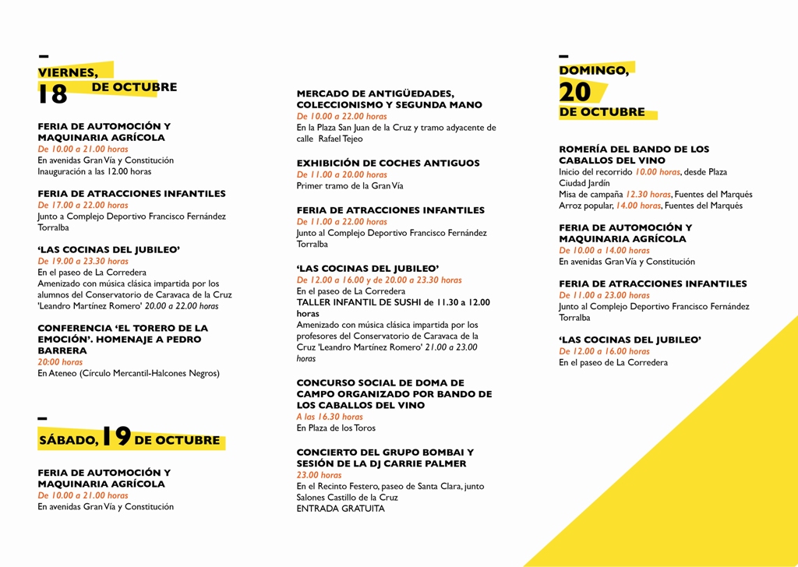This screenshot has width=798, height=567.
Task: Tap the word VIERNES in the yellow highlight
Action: tap(68, 72)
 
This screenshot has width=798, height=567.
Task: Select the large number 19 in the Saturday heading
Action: tap(116, 437)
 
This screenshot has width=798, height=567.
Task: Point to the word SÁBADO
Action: tap(69, 441)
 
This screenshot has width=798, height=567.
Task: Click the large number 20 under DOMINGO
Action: tap(575, 92)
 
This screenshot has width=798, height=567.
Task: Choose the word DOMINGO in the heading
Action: tap(594, 70)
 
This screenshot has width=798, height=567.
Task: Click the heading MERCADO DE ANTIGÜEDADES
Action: tap(375, 93)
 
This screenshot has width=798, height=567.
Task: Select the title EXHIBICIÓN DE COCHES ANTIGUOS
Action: tap(388, 163)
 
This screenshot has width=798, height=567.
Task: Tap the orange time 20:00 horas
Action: tap(60, 362)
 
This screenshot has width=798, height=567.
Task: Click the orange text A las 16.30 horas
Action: tap(330, 417)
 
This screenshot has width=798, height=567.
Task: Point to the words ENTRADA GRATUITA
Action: tap(341, 509)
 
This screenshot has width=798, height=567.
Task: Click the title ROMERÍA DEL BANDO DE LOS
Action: tap(634, 149)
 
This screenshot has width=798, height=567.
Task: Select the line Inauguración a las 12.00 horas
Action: tap(94, 171)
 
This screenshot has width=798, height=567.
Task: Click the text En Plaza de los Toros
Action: tap(336, 428)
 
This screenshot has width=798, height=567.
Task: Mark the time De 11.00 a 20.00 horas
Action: tap(341, 174)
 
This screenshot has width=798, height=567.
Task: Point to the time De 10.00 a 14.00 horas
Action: tap(604, 251)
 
